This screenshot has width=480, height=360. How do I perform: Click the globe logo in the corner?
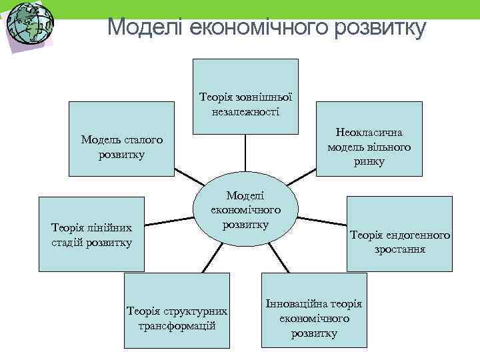click(28, 25)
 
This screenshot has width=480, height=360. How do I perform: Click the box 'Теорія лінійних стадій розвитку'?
click(91, 234)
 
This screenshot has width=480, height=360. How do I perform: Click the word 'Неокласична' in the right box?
click(369, 133)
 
